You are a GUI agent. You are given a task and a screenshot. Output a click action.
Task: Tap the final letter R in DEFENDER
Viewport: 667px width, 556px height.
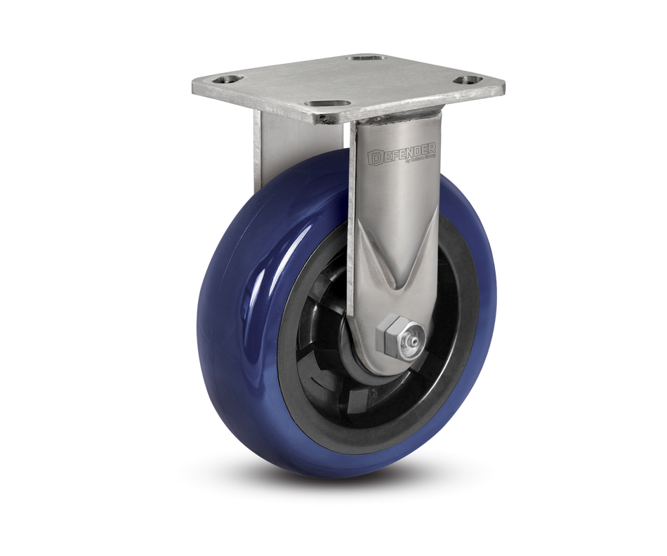[433, 148]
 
